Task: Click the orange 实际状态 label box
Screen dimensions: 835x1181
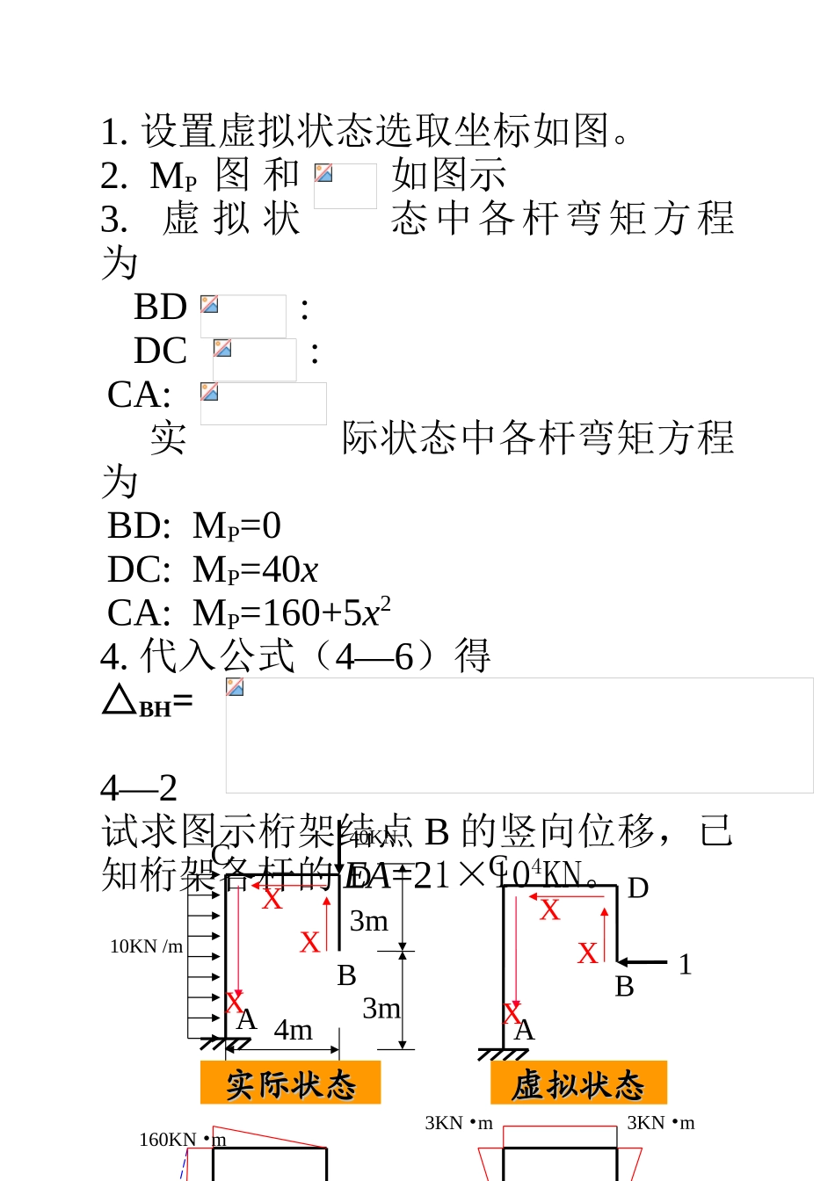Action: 290,1083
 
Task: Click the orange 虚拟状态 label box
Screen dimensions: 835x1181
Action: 578,1083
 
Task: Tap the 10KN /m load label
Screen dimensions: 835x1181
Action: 146,946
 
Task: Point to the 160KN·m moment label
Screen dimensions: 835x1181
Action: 182,1140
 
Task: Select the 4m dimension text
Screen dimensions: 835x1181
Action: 293,1029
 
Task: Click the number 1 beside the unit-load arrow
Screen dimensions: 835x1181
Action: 685,965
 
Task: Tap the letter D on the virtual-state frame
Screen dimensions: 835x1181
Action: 638,888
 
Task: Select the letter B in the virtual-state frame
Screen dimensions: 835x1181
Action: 624,987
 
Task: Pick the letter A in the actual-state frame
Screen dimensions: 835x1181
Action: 247,1019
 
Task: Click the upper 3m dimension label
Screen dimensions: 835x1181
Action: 368,921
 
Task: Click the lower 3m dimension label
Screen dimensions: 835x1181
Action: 381,1008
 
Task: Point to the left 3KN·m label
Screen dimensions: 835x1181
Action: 458,1123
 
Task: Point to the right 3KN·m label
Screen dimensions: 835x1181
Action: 660,1123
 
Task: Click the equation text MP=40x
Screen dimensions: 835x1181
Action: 255,569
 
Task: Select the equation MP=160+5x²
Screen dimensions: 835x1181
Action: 291,612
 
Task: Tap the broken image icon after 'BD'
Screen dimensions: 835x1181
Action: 209,305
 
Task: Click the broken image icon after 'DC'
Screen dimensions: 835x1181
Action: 222,349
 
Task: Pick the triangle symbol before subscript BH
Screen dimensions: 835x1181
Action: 119,699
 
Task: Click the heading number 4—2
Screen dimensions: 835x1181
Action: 139,787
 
